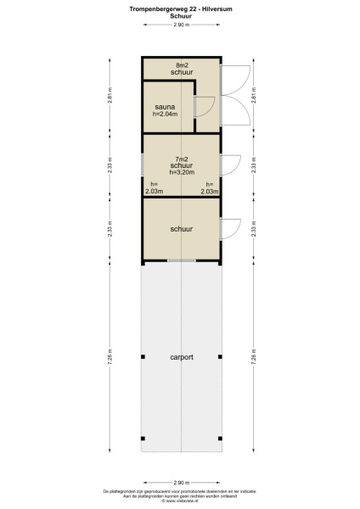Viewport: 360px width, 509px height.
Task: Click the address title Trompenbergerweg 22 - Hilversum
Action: (180, 8)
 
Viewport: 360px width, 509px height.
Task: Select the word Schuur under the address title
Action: (180, 14)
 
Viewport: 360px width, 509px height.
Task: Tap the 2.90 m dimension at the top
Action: (180, 25)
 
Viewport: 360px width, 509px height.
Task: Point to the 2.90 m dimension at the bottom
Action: (180, 482)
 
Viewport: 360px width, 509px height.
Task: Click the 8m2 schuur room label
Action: (181, 69)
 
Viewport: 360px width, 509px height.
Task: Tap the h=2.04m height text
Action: (165, 115)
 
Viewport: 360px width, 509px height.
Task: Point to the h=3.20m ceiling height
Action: (182, 172)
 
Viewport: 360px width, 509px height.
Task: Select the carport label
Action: (181, 358)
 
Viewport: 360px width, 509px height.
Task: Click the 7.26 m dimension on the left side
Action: (109, 360)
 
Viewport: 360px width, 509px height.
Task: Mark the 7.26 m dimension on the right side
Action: (253, 360)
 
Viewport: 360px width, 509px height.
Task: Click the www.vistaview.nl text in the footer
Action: (180, 501)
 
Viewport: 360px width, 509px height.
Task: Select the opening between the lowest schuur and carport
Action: (181, 260)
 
